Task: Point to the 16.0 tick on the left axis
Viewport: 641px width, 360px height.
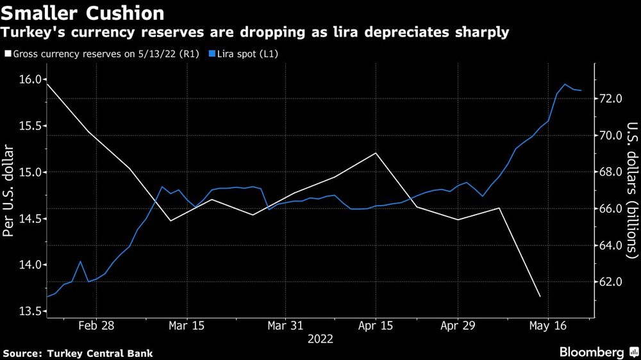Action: coord(28,79)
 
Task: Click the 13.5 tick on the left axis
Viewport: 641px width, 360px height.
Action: coord(28,311)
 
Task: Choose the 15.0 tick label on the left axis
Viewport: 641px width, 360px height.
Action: coord(28,172)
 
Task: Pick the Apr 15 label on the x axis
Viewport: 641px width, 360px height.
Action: coord(376,325)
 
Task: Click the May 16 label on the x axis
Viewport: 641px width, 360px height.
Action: coord(547,325)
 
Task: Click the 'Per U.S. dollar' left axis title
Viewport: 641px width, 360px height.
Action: coord(9,191)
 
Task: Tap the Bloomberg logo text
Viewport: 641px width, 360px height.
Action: coord(592,352)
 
